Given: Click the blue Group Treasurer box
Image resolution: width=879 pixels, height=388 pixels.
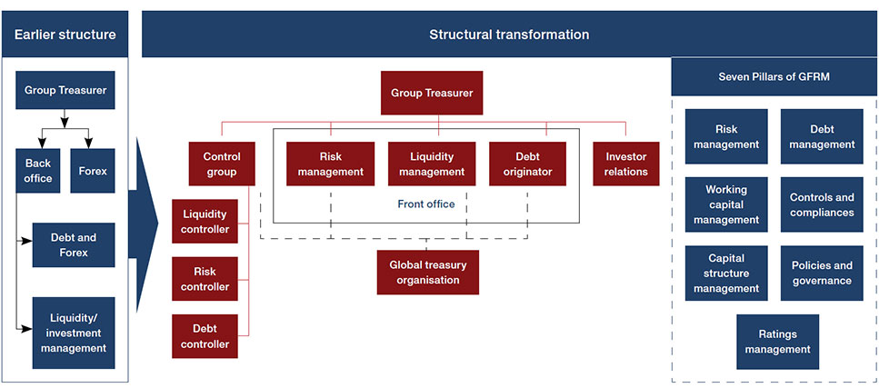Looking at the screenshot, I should click(65, 91).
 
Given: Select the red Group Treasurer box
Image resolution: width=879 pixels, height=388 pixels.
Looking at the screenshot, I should click(432, 93).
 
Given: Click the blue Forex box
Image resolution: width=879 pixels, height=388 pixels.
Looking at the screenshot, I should click(93, 171).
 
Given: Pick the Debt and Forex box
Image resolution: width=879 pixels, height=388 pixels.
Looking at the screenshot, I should click(74, 245).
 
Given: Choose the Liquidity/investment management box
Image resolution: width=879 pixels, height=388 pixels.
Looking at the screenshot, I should click(74, 333).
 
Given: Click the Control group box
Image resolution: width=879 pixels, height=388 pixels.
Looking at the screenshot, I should click(222, 164).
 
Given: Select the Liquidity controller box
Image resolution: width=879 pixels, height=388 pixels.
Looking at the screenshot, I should click(205, 222).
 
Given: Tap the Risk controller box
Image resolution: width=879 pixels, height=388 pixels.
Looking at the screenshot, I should click(205, 279).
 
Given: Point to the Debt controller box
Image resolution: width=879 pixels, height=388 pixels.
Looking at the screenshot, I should click(205, 337).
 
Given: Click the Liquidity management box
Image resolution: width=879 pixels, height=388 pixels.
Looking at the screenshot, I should click(432, 164).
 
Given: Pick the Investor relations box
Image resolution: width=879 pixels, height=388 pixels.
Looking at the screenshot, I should click(625, 164).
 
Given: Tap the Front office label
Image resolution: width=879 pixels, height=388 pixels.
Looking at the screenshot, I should click(426, 204).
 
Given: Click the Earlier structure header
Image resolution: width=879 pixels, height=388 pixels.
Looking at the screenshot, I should click(65, 35).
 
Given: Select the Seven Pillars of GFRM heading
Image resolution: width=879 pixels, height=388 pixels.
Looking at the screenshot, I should click(774, 76).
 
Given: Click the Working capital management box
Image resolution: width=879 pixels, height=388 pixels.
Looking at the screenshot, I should click(725, 204).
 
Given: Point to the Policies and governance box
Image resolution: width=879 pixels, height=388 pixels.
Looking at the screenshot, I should click(821, 273).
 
